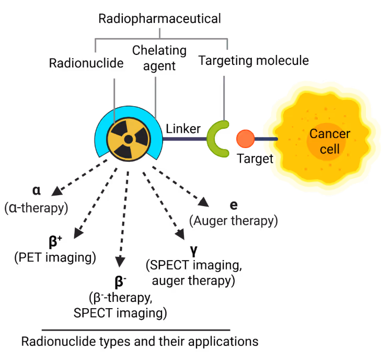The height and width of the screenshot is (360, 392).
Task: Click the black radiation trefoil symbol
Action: click(x=129, y=139)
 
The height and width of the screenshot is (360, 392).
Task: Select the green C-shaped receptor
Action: click(x=215, y=139)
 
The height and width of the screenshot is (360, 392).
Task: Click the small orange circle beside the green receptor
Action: click(x=245, y=139)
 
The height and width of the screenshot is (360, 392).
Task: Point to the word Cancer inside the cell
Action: click(x=329, y=134)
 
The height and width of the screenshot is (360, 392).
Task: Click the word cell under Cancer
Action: click(x=329, y=149)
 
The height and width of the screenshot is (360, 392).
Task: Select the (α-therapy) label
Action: click(x=37, y=208)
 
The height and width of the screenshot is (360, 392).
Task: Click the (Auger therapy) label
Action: click(x=233, y=221)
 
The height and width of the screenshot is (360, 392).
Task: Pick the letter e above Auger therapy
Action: click(x=234, y=205)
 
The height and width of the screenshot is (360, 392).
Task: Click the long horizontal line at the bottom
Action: click(x=136, y=330)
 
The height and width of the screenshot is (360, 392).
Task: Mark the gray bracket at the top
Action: click(x=160, y=39)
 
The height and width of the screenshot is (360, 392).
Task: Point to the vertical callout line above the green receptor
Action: click(x=224, y=97)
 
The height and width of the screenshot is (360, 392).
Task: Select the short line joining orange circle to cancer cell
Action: click(x=267, y=139)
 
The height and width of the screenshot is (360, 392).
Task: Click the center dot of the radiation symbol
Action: click(x=129, y=139)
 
